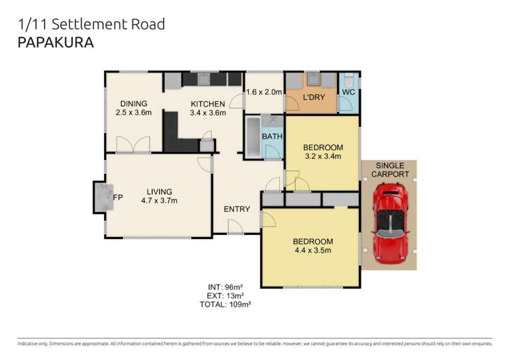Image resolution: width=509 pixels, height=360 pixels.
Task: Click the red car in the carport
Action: (389, 221)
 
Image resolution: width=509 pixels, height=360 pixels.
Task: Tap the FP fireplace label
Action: (118, 198)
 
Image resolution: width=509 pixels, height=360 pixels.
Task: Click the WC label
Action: (348, 92)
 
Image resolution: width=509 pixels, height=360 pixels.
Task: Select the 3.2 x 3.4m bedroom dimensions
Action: (323, 157)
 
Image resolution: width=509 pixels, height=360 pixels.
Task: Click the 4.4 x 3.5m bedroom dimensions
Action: (313, 251)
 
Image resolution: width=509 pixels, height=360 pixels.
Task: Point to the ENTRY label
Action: (236, 209)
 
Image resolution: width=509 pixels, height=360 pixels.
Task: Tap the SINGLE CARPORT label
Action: (389, 170)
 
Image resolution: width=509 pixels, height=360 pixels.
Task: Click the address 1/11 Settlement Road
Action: (91, 24)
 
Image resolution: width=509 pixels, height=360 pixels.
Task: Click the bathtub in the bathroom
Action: (252, 138)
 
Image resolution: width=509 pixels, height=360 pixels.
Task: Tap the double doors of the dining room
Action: (133, 145)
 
